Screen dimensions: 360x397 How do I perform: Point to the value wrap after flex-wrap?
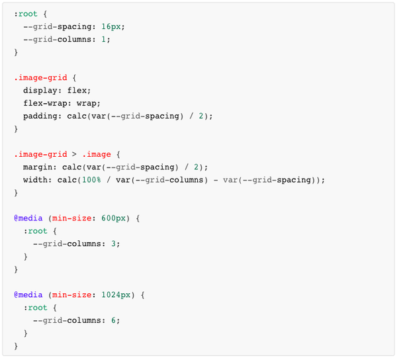pos(88,103)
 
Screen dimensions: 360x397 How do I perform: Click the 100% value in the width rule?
pos(92,180)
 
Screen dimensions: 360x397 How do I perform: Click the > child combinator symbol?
pos(73,154)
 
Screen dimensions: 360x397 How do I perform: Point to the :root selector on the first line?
pos(26,13)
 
